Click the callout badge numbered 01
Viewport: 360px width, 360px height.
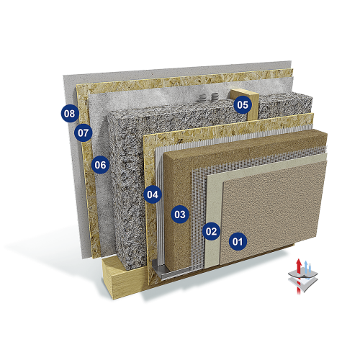click(238, 241)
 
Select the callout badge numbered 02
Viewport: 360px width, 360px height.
click(211, 231)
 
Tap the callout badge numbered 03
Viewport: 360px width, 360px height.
click(180, 215)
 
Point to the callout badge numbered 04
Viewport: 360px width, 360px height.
click(153, 194)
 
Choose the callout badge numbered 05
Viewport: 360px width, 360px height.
click(243, 104)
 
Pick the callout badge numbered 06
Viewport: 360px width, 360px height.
click(100, 165)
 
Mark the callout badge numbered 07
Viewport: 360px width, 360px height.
click(83, 132)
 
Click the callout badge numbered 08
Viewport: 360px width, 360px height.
click(70, 113)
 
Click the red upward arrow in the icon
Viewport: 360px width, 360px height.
click(298, 276)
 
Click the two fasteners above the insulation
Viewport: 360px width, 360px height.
click(208, 98)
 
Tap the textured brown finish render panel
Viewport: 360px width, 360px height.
click(272, 211)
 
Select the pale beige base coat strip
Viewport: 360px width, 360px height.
click(212, 204)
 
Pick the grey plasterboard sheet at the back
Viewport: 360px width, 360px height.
click(72, 168)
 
